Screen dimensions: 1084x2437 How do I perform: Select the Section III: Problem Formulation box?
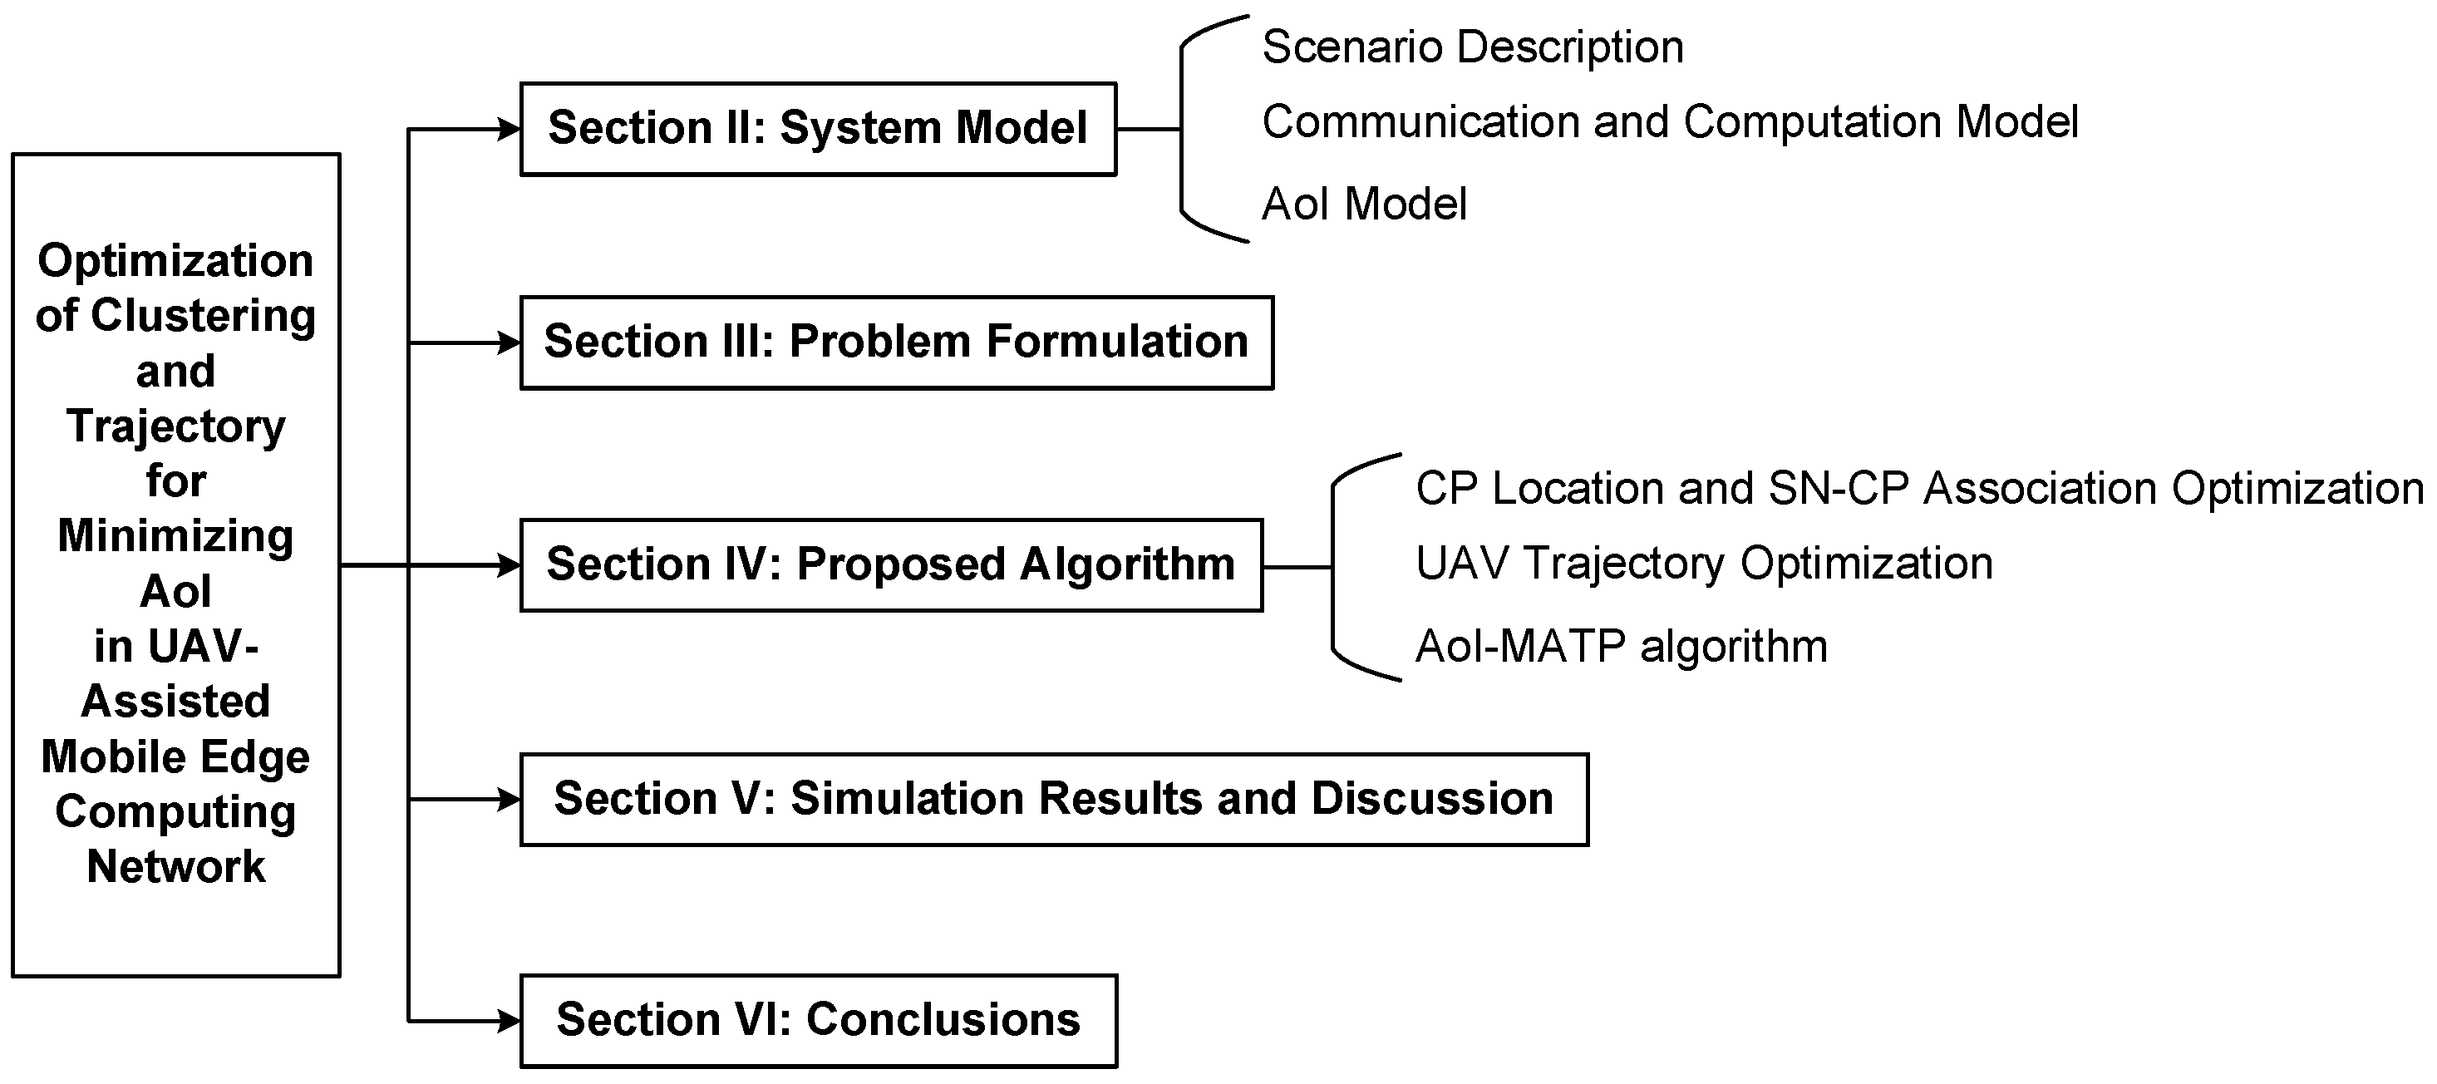click(x=896, y=342)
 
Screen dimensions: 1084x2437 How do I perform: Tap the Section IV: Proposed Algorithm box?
click(x=890, y=564)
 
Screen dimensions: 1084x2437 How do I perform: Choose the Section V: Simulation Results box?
click(x=1053, y=800)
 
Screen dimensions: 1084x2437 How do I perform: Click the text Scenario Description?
click(x=1472, y=47)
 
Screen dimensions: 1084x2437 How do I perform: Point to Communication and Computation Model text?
click(x=1670, y=122)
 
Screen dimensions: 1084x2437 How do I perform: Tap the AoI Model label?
click(x=1364, y=204)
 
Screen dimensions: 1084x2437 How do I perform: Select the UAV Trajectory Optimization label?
click(x=1704, y=564)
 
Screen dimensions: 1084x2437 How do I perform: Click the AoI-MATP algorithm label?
click(x=1621, y=647)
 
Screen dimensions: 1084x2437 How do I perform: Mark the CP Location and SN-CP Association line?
click(x=1918, y=489)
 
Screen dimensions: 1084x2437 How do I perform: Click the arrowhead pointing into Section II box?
click(x=510, y=129)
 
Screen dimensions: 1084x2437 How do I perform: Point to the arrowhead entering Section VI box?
click(x=510, y=1021)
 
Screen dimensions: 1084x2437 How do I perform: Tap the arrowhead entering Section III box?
click(x=510, y=342)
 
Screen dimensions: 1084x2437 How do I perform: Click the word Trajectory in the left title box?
click(x=176, y=426)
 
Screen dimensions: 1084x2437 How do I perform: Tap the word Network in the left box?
click(x=176, y=866)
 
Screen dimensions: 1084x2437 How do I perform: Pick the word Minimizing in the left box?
click(x=176, y=536)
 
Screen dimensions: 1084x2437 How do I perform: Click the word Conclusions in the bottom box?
click(x=943, y=1021)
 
